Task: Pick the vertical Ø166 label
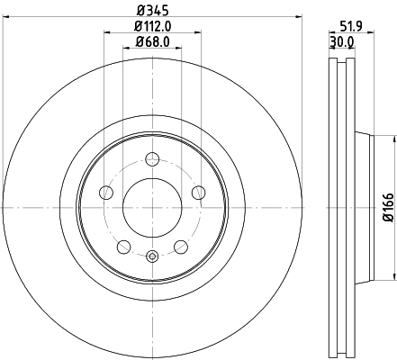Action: pos(388,206)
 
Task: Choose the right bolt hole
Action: pos(197,191)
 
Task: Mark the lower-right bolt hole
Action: pos(180,244)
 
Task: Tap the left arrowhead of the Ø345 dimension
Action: pos(6,20)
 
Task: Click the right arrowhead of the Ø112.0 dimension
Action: pos(198,34)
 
